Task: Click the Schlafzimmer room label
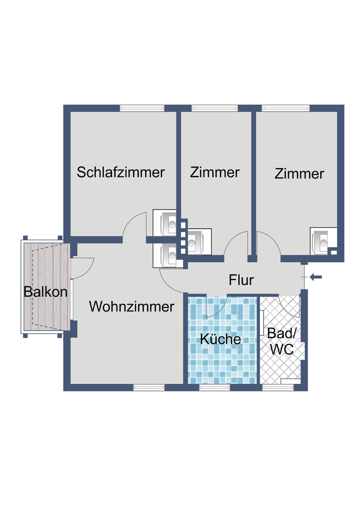121,172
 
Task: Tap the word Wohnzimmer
131,306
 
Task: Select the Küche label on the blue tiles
220,339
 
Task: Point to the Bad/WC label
282,341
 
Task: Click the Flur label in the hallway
241,280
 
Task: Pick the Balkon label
45,292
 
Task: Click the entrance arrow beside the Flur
316,277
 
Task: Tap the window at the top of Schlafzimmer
142,108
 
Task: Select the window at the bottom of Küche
215,387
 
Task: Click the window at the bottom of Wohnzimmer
149,387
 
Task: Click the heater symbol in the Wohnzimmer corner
167,255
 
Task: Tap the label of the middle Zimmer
215,172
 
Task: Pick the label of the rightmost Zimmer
299,174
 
